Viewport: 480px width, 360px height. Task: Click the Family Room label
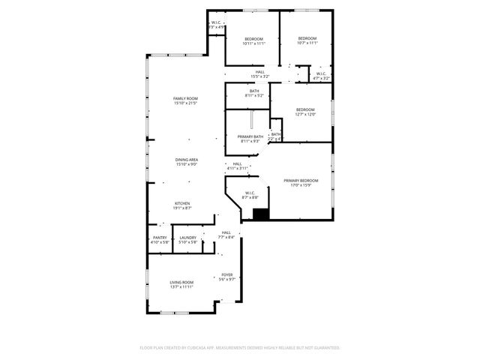(x=185, y=99)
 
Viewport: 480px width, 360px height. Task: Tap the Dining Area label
(x=187, y=160)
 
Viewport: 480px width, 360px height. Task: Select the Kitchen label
(x=183, y=203)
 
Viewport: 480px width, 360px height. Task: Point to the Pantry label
(x=160, y=238)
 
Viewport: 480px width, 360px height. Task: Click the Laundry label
(x=187, y=238)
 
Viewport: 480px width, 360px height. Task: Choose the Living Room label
(x=181, y=282)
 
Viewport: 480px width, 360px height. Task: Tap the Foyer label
(x=226, y=275)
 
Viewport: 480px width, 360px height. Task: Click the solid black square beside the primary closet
(x=261, y=214)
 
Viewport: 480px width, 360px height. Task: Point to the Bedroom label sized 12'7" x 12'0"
(x=305, y=109)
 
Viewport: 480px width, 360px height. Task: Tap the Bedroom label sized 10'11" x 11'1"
(x=253, y=39)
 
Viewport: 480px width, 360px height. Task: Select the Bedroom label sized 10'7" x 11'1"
(x=307, y=38)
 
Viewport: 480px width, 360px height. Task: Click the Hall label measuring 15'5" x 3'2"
(x=259, y=72)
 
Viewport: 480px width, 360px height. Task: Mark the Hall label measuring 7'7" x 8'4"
(x=226, y=232)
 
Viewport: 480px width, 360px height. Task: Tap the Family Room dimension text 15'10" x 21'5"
(x=185, y=103)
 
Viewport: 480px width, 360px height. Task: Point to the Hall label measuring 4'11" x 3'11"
(x=237, y=163)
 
